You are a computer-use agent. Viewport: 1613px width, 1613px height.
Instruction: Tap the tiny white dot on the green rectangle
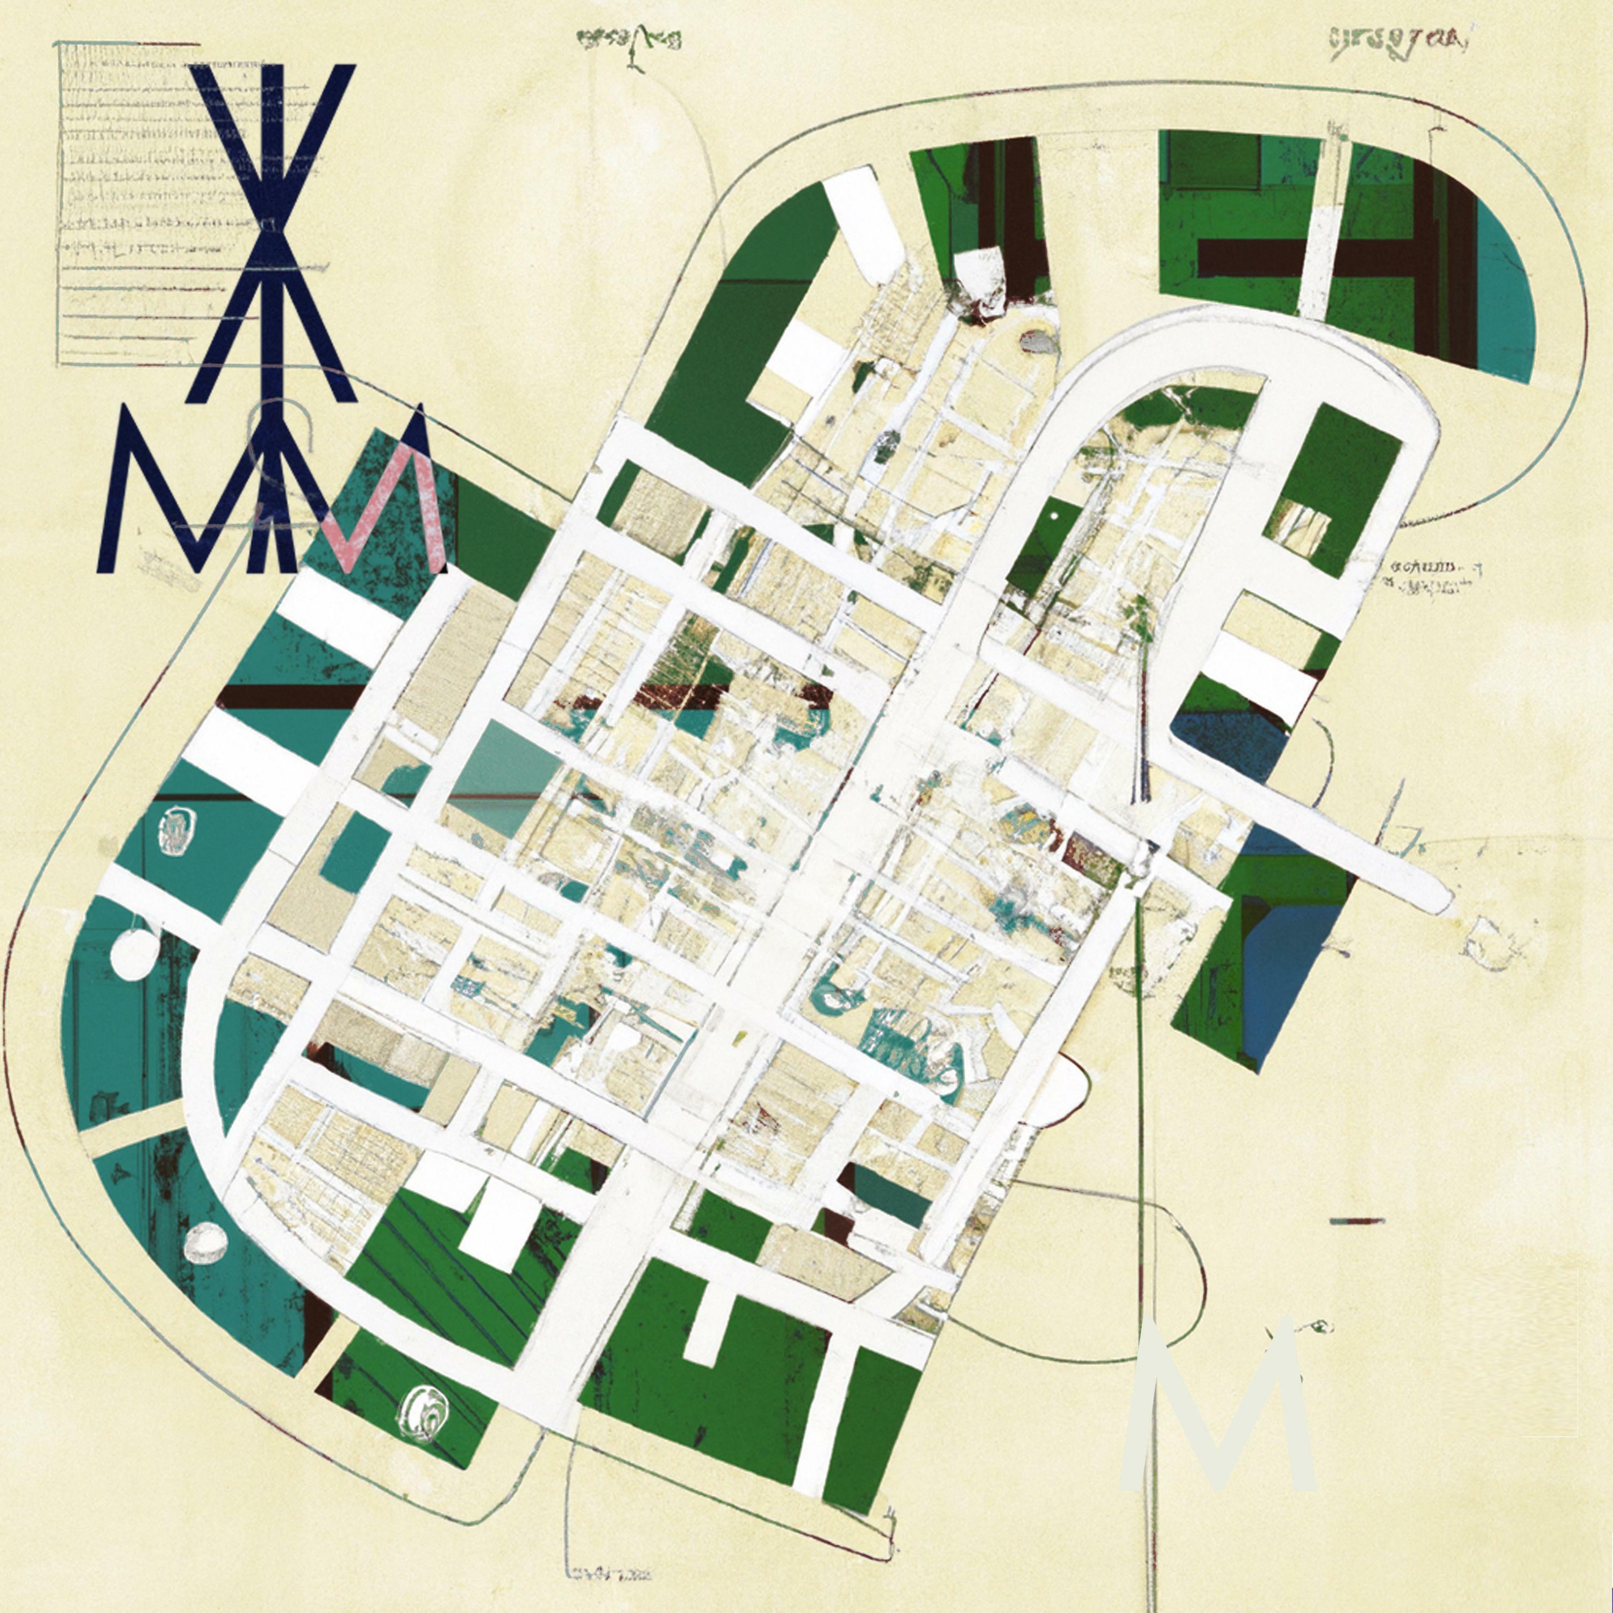point(1055,518)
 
